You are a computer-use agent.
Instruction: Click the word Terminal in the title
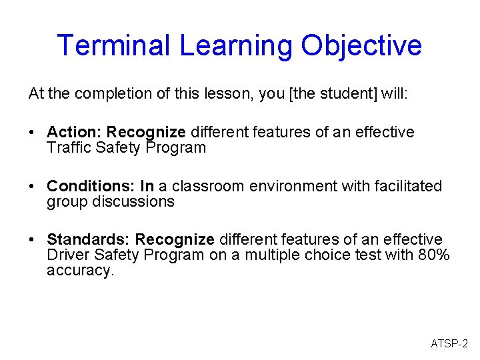click(115, 45)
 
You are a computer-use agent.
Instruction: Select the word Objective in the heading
click(361, 45)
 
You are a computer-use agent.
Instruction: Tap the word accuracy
click(80, 271)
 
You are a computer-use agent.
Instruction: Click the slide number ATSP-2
click(449, 344)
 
